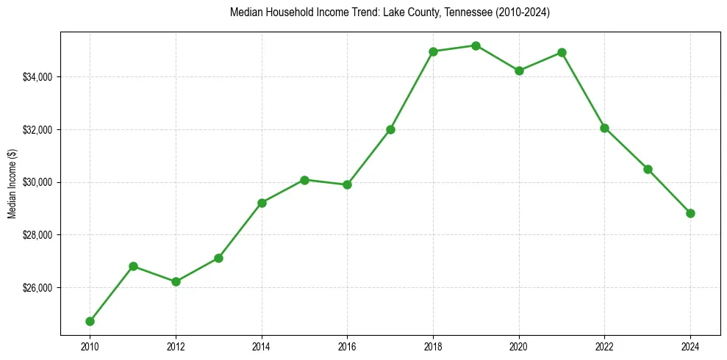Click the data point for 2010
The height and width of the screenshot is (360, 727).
[x=90, y=321]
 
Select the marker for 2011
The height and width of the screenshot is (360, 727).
[x=133, y=266]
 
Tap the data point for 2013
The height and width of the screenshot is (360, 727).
[x=218, y=258]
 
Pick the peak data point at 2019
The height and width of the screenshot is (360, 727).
[x=476, y=46]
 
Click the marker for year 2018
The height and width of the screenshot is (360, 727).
[x=433, y=51]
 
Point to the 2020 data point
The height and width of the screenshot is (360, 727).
[x=519, y=71]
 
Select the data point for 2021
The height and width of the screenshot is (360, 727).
[x=562, y=52]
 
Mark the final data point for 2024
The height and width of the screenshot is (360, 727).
[x=690, y=213]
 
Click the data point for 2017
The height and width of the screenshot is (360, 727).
[x=390, y=129]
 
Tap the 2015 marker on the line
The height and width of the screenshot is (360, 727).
[x=304, y=179]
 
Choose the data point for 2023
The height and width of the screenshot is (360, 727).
[x=648, y=169]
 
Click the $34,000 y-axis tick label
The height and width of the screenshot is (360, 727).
[x=38, y=77]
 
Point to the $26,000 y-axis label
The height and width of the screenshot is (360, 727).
[x=38, y=287]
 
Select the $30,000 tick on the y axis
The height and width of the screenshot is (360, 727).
[x=38, y=182]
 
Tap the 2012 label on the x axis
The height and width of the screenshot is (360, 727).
[x=176, y=345]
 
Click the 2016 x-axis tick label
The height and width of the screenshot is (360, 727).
[x=347, y=345]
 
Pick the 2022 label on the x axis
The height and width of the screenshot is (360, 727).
[x=604, y=345]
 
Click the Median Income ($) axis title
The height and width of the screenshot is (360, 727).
[x=12, y=183]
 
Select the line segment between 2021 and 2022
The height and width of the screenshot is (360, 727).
[x=583, y=90]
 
